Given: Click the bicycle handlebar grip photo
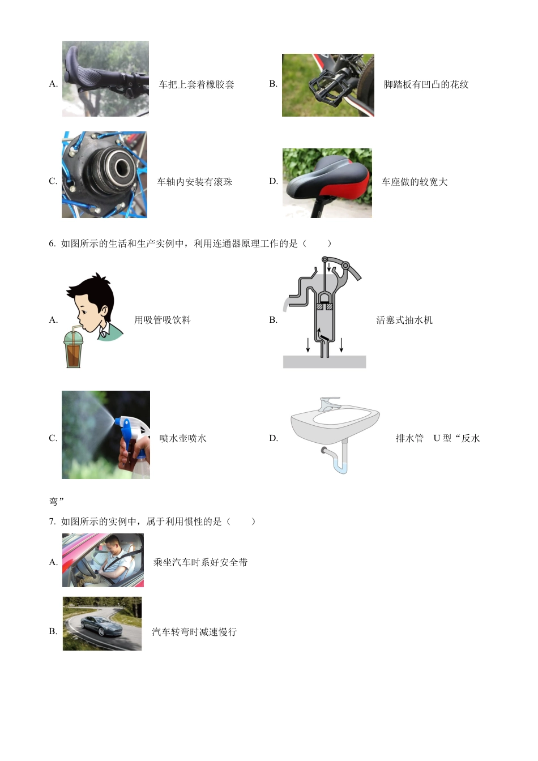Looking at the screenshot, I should tap(105, 78).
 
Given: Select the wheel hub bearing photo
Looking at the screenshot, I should tap(104, 174).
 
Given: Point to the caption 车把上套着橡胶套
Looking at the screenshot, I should tap(197, 84).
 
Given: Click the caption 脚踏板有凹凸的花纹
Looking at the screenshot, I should tap(426, 84).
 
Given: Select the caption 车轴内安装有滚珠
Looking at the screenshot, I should tap(194, 182).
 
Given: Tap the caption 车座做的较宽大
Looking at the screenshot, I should tap(415, 182).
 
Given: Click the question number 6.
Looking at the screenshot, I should tap(52, 243).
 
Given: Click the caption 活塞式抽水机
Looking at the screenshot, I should tap(404, 320).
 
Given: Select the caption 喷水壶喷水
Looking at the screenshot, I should tap(183, 438).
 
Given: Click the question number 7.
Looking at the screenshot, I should tap(52, 521).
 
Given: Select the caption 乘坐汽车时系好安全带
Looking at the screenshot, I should tap(200, 562).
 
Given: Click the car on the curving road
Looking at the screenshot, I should tap(101, 626).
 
